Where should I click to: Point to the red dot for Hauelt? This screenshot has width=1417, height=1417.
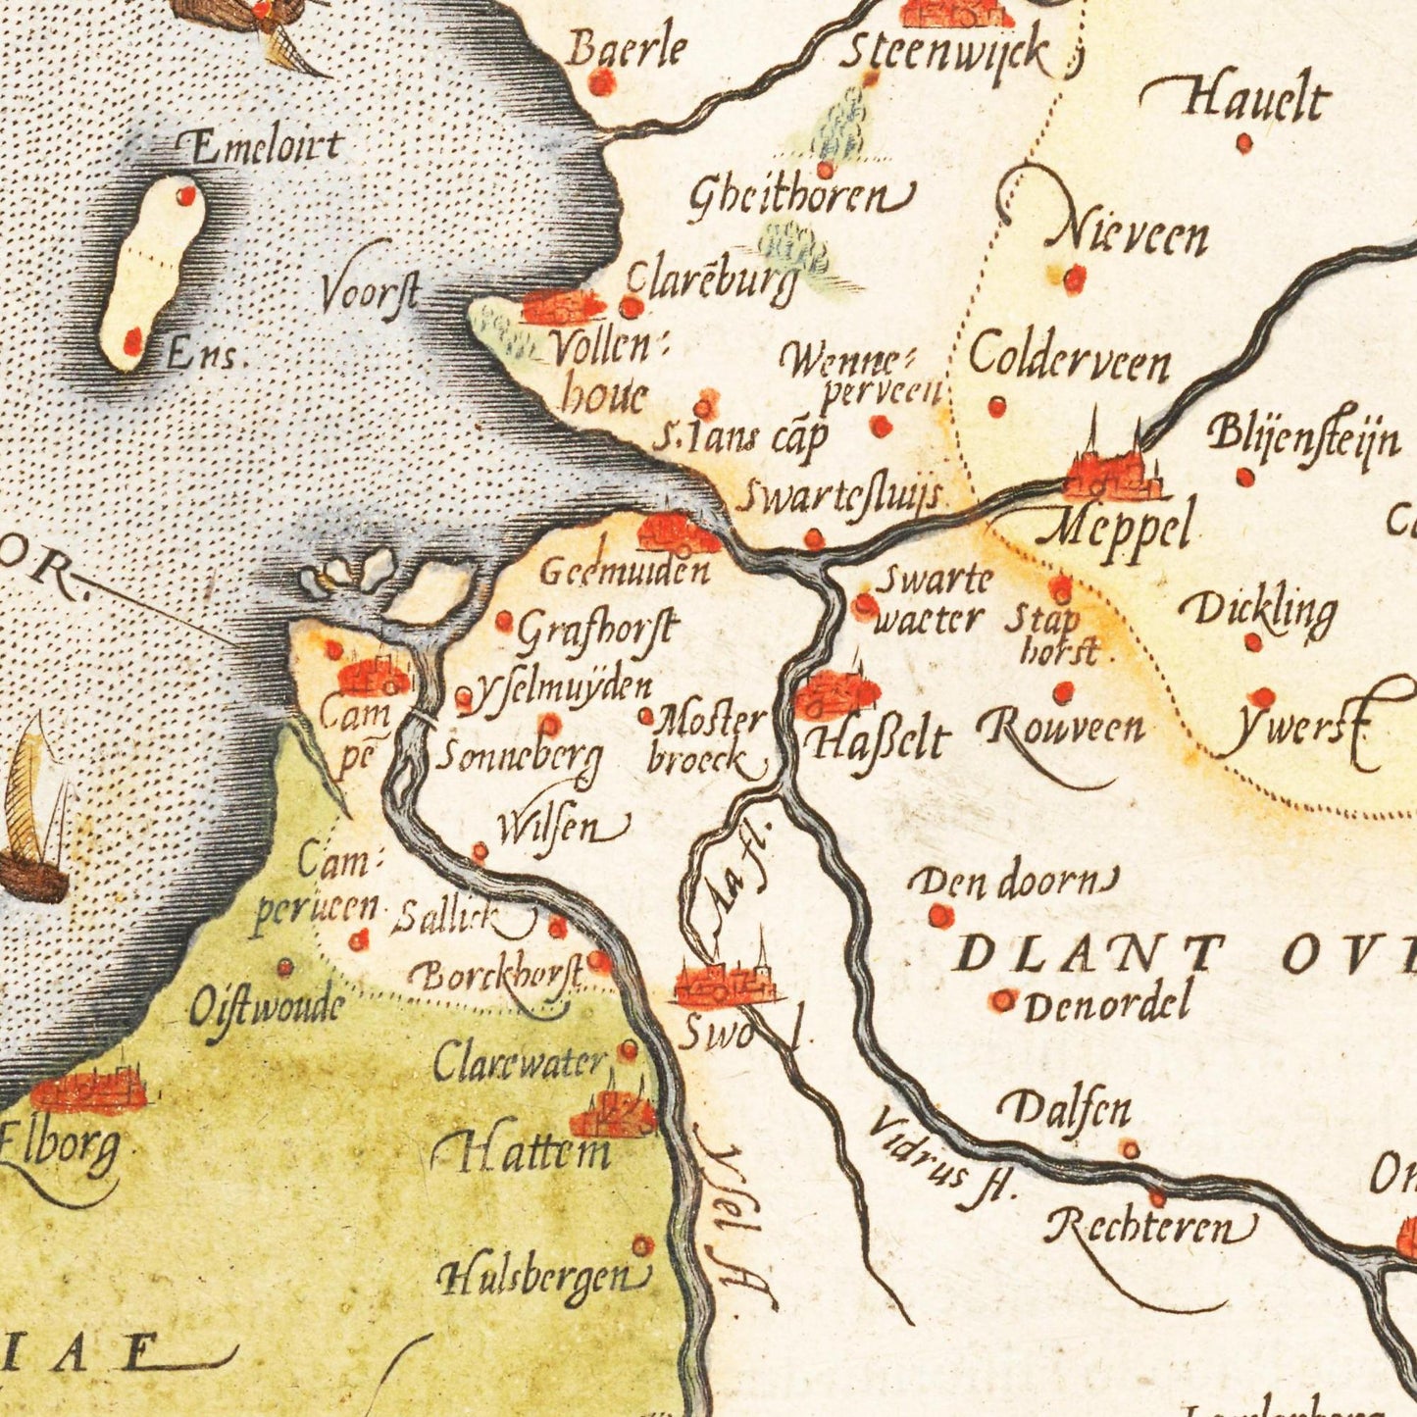1244,144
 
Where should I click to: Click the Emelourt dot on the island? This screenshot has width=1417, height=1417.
185,196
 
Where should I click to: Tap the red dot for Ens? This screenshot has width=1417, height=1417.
132,341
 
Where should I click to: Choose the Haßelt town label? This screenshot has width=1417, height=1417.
877,740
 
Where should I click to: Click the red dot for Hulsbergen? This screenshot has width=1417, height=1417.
642,1245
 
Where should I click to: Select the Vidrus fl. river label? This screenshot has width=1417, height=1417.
936,1157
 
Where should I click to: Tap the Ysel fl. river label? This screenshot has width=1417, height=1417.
735,1216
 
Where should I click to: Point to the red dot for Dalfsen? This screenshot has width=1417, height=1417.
1131,1149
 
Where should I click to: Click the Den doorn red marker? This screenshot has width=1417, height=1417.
940,916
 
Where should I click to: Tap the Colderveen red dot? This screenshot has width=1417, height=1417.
997,406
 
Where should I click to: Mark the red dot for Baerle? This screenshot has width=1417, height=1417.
602,83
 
